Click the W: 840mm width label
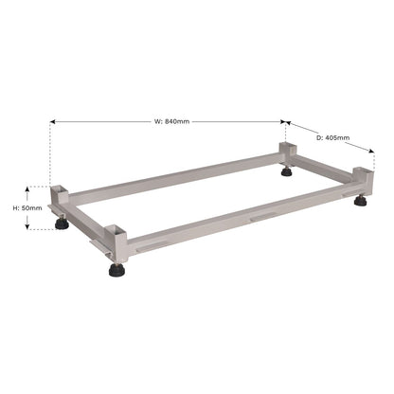pyautogui.click(x=170, y=120)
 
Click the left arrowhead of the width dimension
pyautogui.click(x=53, y=121)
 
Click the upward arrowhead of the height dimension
pyautogui.click(x=31, y=188)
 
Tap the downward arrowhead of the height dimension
pyautogui.click(x=31, y=226)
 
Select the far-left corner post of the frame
pyautogui.click(x=61, y=200)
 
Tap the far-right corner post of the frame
pyautogui.click(x=362, y=181)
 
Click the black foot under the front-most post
pyautogui.click(x=116, y=271)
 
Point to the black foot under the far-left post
pyautogui.click(x=62, y=224)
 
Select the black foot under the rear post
pyautogui.click(x=286, y=172)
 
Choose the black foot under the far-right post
pyautogui.click(x=362, y=202)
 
